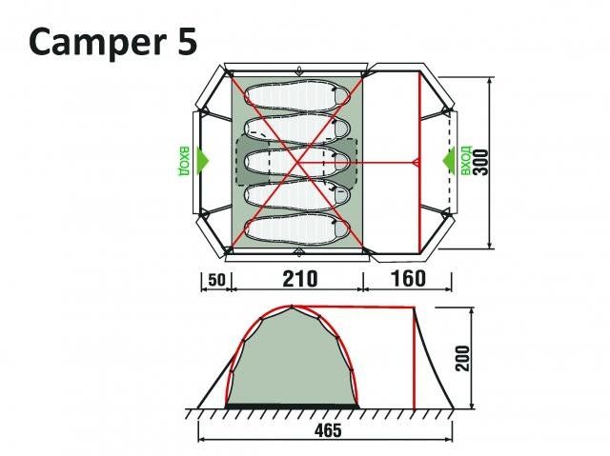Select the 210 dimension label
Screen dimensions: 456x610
tap(298, 280)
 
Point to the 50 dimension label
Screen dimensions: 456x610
tap(216, 280)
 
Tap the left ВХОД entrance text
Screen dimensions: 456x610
tap(182, 162)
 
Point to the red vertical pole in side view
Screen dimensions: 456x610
tap(417, 362)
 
